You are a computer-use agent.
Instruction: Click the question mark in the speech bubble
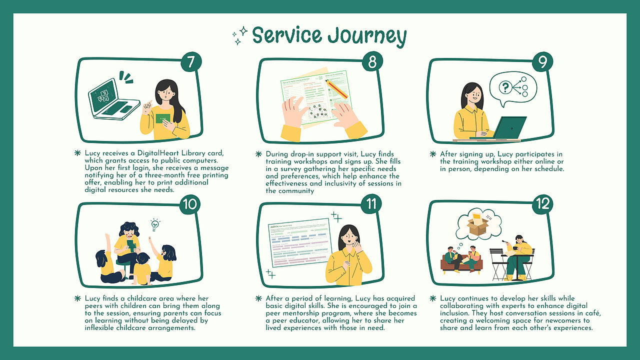pyautogui.click(x=505, y=88)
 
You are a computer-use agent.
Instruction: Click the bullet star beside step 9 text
pyautogui.click(x=433, y=154)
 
